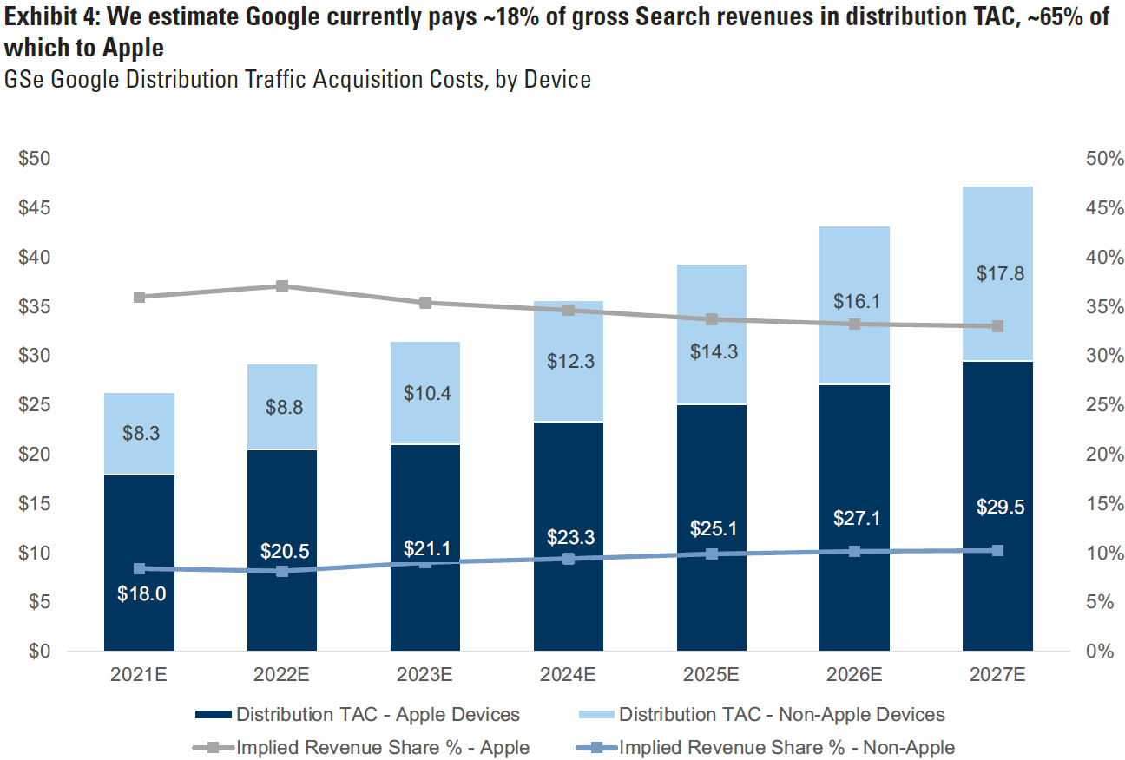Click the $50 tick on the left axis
34,159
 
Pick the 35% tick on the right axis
1103,307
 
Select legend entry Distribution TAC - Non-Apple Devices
781,715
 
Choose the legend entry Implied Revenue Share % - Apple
383,747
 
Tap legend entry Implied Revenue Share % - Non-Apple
786,747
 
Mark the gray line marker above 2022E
282,286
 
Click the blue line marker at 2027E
997,551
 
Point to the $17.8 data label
1000,274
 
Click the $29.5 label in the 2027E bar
1000,508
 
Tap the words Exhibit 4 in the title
48,17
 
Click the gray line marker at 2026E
854,324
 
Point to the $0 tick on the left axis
37,651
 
